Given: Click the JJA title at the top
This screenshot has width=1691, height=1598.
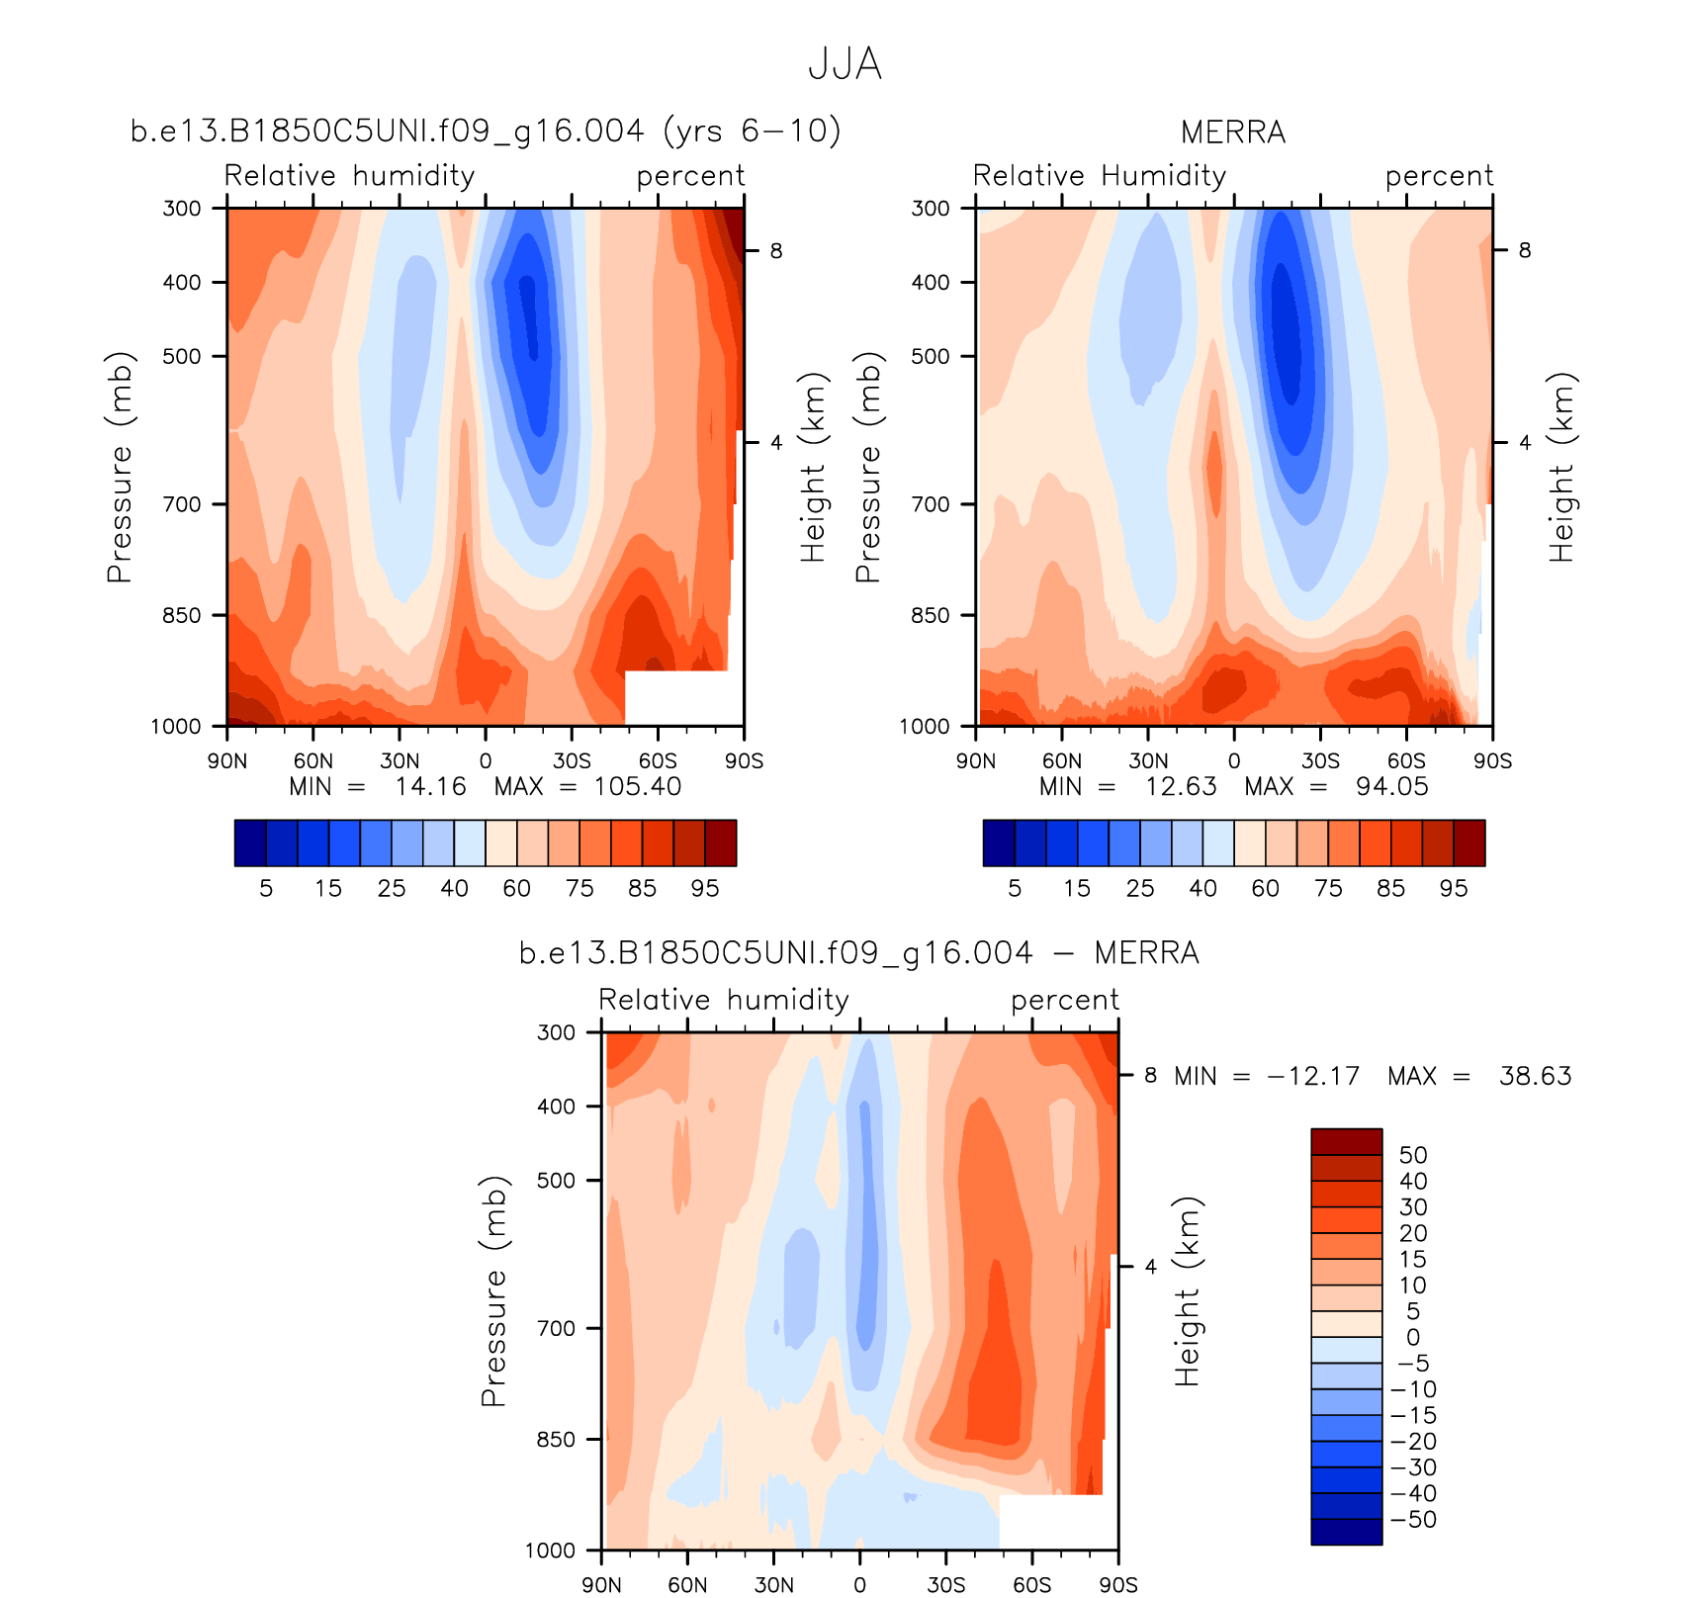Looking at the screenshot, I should [845, 64].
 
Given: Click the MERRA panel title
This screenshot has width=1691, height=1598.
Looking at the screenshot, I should [1233, 132].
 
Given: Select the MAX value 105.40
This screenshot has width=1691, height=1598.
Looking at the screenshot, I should [637, 787].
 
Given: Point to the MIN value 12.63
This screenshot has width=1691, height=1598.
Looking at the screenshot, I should [1181, 787].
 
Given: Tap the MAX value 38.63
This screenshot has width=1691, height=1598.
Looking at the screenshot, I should [1535, 1076].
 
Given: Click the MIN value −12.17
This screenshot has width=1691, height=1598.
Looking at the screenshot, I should [1313, 1076].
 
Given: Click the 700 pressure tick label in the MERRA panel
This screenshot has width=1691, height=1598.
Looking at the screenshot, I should [929, 504].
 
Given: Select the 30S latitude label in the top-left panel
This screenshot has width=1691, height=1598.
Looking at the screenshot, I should [572, 761].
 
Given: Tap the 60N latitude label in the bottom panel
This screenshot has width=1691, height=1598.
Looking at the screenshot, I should [687, 1585].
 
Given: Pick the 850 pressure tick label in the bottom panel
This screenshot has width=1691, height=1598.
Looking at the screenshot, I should [556, 1440].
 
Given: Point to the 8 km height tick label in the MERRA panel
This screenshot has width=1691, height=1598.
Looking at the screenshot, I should [1524, 251].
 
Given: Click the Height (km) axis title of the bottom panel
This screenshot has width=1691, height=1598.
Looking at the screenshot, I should [1187, 1291].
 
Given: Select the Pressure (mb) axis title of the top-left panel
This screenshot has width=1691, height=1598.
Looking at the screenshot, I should [120, 467].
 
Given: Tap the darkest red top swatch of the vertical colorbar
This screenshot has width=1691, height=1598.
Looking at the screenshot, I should [1346, 1141].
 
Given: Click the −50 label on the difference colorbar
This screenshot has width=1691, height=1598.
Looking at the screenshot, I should [1414, 1520].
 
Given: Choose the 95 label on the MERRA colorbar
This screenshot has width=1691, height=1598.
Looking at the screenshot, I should [1453, 888].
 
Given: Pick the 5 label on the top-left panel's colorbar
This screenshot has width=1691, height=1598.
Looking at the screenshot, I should [266, 888].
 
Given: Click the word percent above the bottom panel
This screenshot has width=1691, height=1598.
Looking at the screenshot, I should [1064, 1000].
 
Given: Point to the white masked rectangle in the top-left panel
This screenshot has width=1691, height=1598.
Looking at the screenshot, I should [682, 698].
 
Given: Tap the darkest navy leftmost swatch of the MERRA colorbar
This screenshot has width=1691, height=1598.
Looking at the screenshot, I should [999, 843].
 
